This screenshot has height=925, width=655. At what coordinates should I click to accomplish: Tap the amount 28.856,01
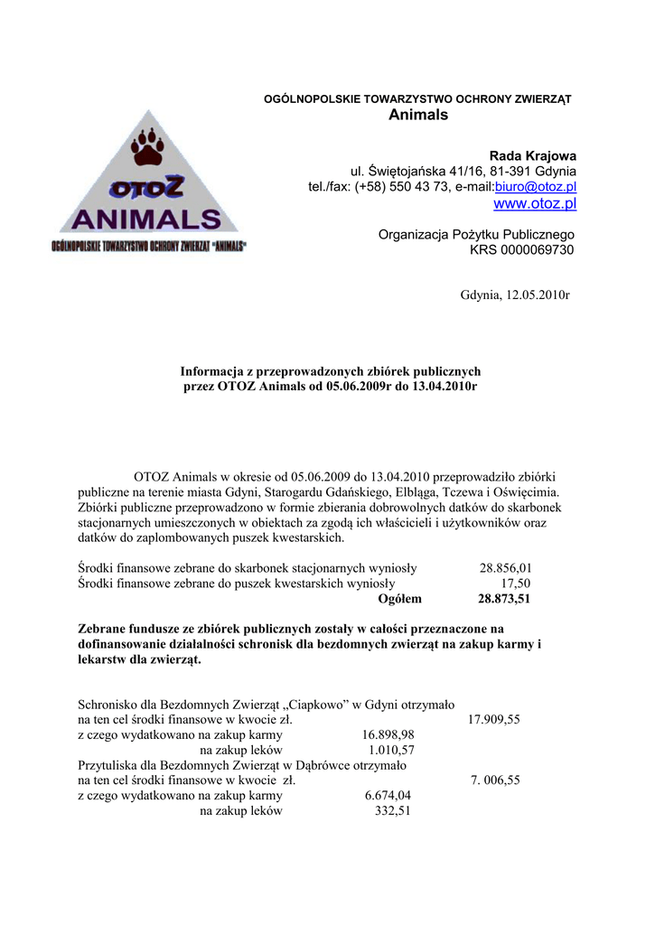(x=505, y=568)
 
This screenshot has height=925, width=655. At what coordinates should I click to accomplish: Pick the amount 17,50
(x=515, y=584)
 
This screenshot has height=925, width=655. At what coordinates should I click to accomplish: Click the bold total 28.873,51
(x=504, y=599)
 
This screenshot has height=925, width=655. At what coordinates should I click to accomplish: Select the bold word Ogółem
(x=399, y=599)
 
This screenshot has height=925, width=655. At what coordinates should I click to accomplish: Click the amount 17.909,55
(x=493, y=720)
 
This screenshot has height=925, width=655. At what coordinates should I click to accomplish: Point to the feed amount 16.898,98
(x=388, y=735)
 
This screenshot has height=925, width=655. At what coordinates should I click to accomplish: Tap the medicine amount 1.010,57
(x=391, y=751)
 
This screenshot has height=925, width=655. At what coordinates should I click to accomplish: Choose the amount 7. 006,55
(x=495, y=781)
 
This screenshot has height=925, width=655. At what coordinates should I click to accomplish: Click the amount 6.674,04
(x=388, y=796)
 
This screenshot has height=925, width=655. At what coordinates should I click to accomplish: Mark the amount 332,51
(x=393, y=811)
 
